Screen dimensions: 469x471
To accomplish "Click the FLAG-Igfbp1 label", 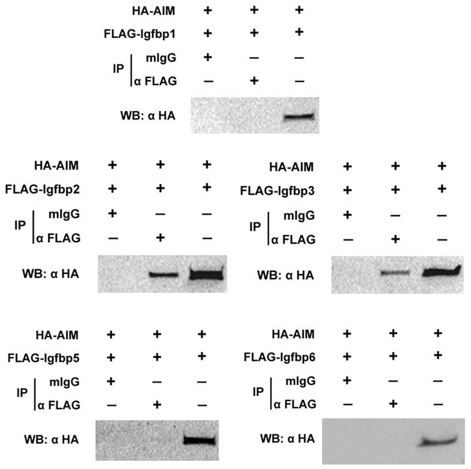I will (x=140, y=34).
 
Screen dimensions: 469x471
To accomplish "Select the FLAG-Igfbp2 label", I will (x=43, y=189).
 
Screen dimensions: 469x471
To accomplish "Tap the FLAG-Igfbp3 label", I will (x=277, y=191).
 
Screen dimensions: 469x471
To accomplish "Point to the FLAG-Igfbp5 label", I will (x=44, y=358).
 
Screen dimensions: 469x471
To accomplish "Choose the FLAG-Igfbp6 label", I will (x=280, y=357).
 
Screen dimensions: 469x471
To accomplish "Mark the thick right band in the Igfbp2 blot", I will (x=206, y=275).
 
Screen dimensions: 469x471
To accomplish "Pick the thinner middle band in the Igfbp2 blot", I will (x=164, y=275).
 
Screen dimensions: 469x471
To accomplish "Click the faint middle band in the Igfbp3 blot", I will (x=395, y=273).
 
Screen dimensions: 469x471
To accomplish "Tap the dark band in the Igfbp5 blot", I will (x=199, y=441).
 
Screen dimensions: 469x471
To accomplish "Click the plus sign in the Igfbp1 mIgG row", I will (x=208, y=57).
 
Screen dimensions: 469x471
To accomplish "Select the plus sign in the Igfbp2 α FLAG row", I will (x=160, y=237).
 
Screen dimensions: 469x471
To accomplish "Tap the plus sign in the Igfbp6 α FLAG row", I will (x=393, y=404).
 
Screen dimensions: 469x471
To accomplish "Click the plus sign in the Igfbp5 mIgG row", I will (x=111, y=381).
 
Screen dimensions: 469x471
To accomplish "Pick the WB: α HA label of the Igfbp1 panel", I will (x=148, y=116).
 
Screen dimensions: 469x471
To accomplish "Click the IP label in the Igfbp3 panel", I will (x=255, y=227).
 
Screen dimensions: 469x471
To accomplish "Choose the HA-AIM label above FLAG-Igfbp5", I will (x=57, y=335).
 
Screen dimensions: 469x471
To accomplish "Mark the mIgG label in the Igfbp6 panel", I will (x=300, y=381).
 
